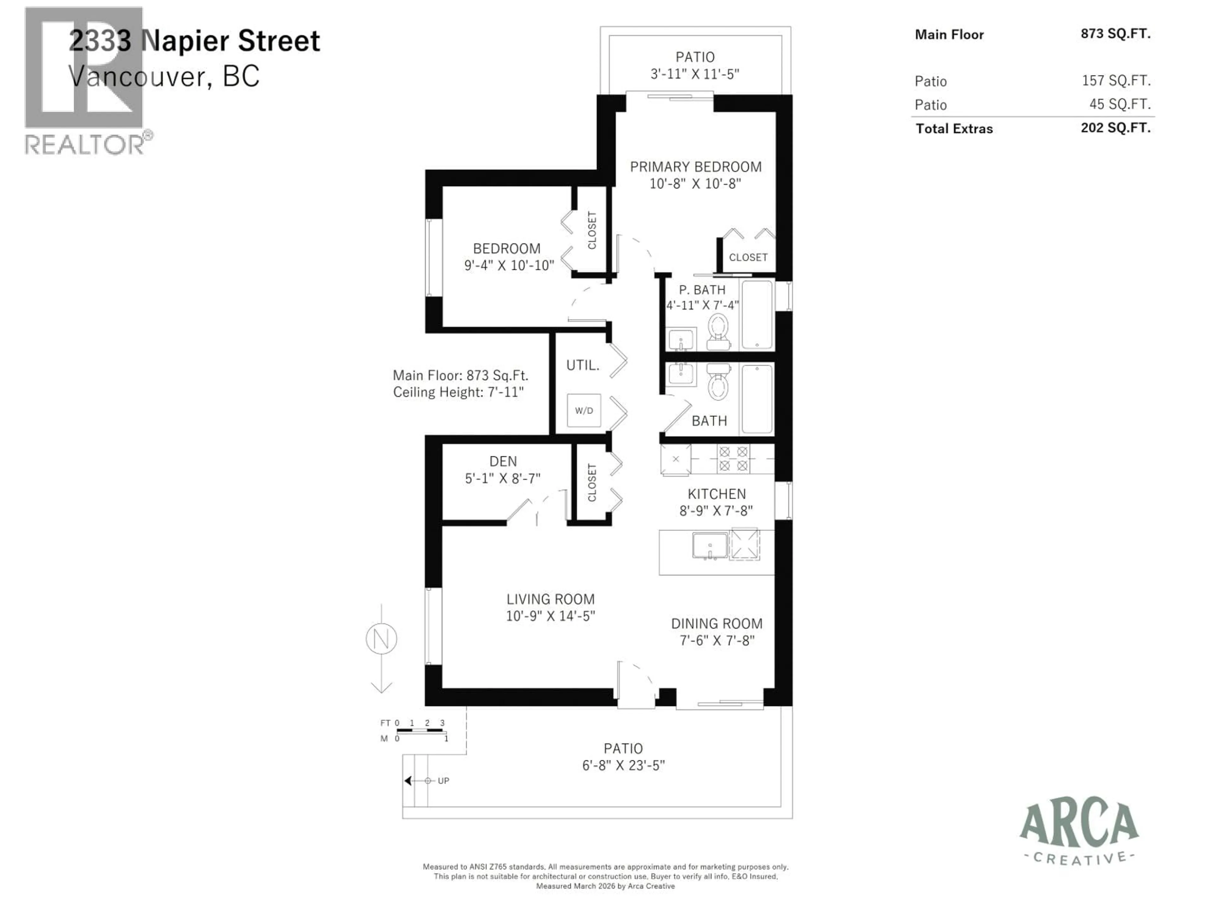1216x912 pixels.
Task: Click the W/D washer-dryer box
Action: [584, 410]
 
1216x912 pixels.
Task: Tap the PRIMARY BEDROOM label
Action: [695, 167]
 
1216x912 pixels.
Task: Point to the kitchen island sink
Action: [710, 545]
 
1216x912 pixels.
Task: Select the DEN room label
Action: [503, 461]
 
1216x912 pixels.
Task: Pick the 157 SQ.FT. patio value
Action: [1116, 81]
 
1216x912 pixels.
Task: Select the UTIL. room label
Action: [583, 365]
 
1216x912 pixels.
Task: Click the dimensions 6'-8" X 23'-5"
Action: [624, 765]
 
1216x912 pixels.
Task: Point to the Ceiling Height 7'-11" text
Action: [458, 392]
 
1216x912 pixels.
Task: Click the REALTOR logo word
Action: [85, 145]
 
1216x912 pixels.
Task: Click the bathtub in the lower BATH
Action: [757, 399]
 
